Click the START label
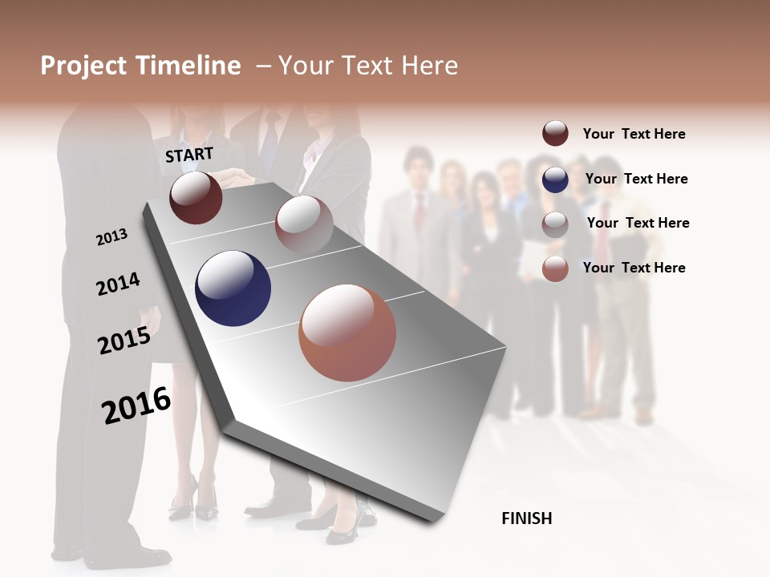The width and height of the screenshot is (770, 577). pos(189,155)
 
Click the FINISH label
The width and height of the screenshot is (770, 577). pos(527,518)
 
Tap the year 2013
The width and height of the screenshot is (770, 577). pos(111,236)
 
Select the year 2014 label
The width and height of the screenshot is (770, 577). pos(118,284)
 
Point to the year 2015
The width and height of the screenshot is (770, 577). pos(124,341)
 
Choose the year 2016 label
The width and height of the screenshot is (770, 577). pos(136,405)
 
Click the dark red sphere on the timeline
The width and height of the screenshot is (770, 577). pos(196,197)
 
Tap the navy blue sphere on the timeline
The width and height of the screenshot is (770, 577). pos(233,288)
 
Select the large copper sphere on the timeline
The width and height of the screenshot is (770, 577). pos(347,333)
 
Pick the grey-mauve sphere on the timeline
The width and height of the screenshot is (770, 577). pos(304,224)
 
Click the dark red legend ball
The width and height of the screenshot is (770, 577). pos(555,133)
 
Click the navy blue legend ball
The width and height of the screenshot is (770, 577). pos(555,180)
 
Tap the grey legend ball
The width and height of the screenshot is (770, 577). pos(555,224)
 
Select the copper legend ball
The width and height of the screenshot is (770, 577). pos(555,268)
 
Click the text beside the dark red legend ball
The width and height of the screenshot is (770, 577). pos(634,134)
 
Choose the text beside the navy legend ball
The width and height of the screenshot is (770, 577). pos(636,179)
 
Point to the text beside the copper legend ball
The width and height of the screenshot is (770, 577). pos(634,268)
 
